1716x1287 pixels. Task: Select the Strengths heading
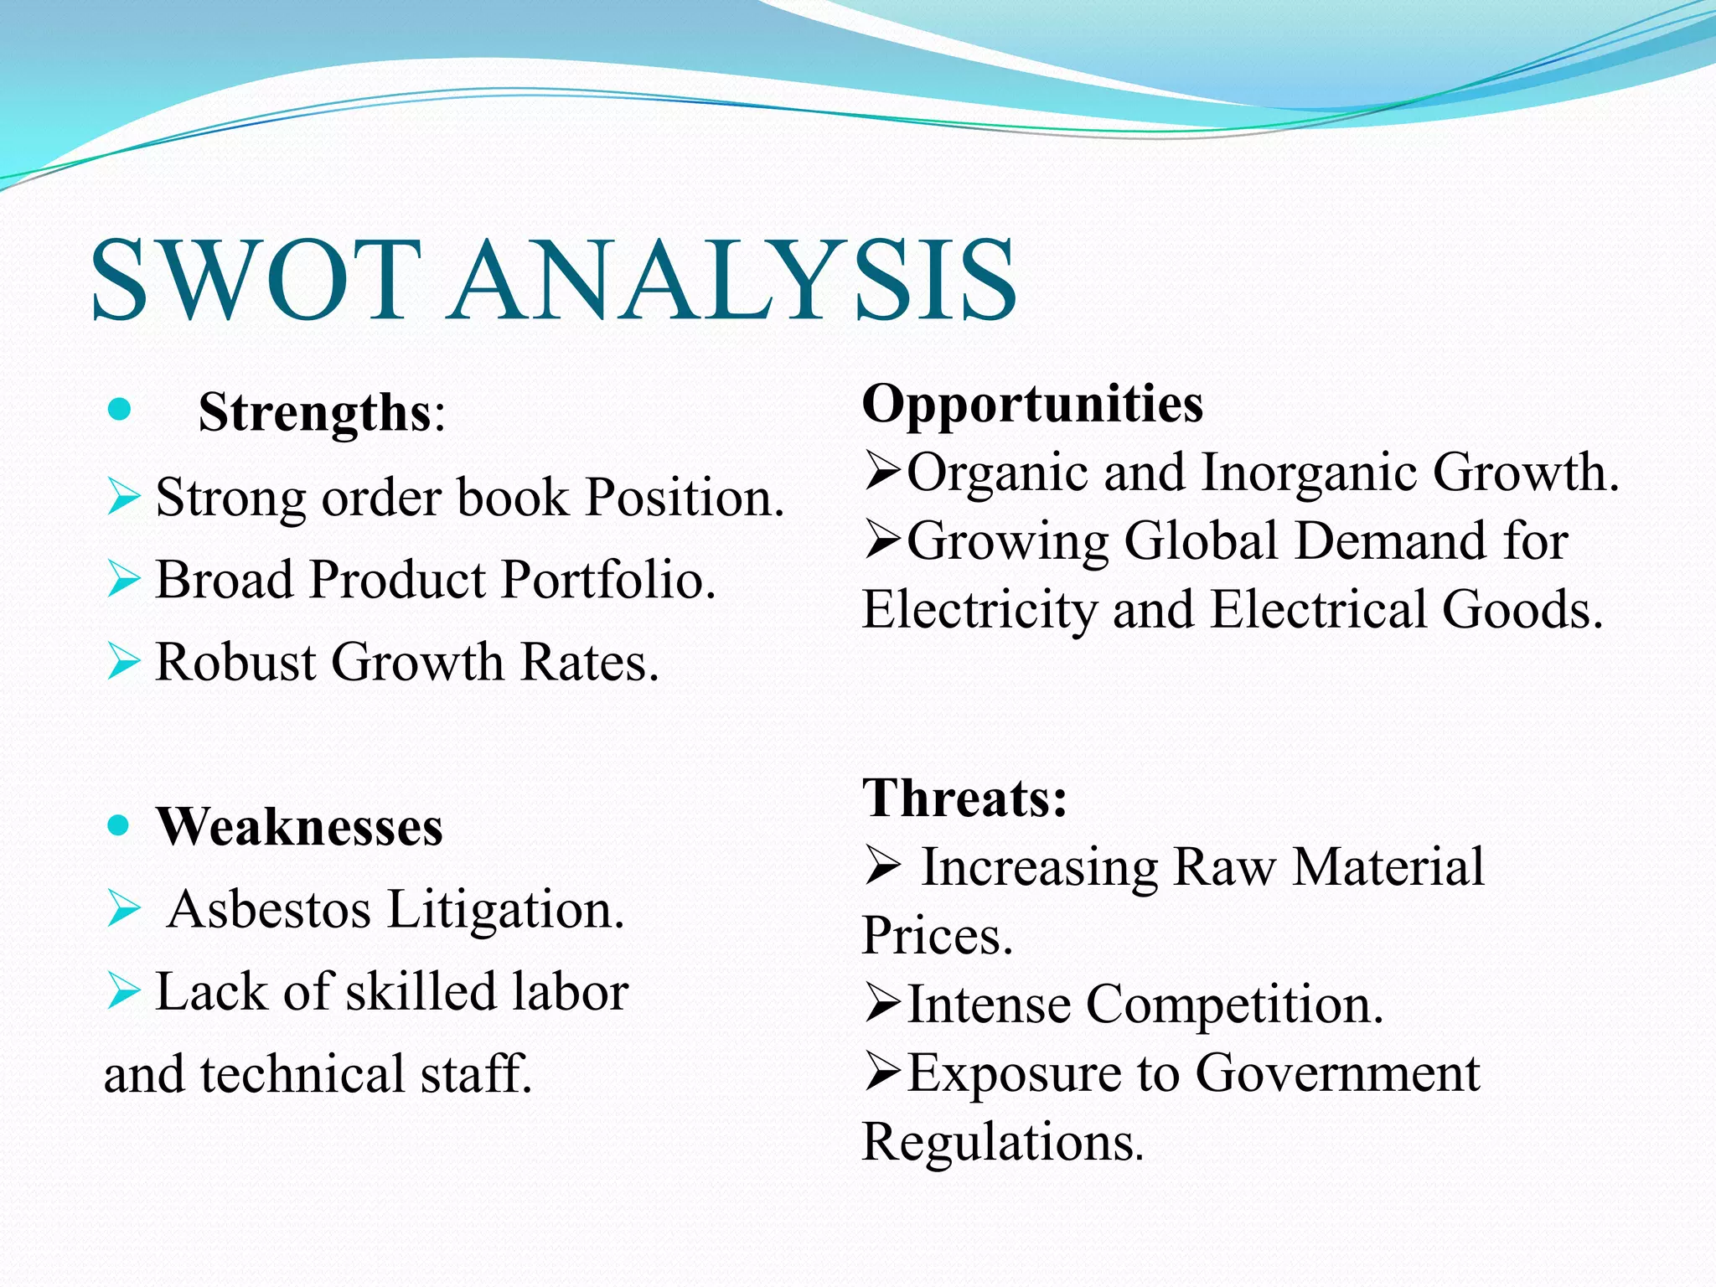[314, 412]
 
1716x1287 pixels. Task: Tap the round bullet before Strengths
[120, 410]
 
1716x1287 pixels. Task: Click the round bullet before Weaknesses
[119, 825]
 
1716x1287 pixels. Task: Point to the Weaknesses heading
[299, 827]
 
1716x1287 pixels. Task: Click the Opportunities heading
[1032, 404]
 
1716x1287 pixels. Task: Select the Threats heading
[964, 798]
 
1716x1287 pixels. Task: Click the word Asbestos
[269, 909]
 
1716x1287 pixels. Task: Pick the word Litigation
[506, 909]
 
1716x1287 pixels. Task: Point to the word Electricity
[979, 609]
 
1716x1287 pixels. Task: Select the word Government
[1337, 1072]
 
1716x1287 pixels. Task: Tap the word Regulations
[1002, 1141]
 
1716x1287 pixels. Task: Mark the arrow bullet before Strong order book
[124, 497]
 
